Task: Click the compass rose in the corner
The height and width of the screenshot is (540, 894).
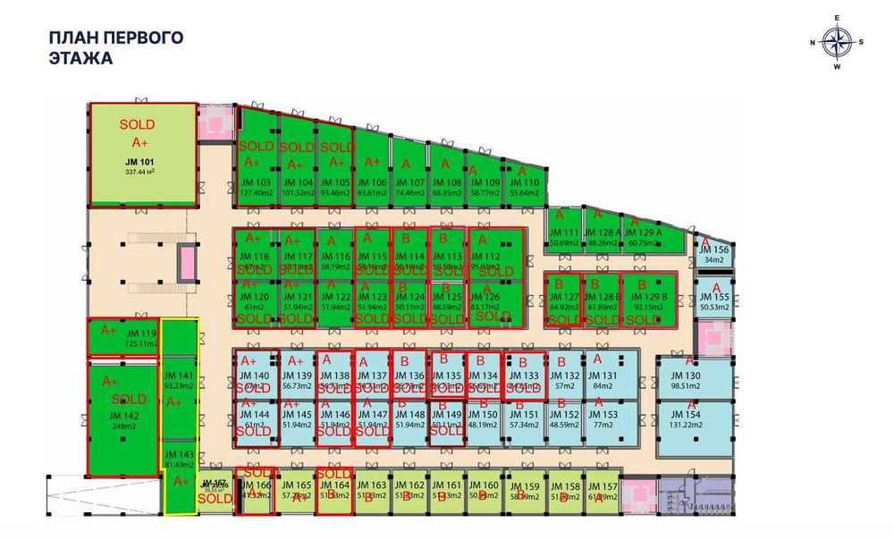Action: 837,42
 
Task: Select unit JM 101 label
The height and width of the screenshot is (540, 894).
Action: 141,163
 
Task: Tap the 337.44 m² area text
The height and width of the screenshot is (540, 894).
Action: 141,173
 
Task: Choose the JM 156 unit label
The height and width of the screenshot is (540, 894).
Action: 716,250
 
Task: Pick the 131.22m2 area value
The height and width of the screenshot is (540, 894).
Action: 689,426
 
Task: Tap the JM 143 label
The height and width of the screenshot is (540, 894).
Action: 179,455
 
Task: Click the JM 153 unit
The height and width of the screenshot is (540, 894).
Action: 603,420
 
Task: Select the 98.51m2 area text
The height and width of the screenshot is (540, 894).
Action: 689,386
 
